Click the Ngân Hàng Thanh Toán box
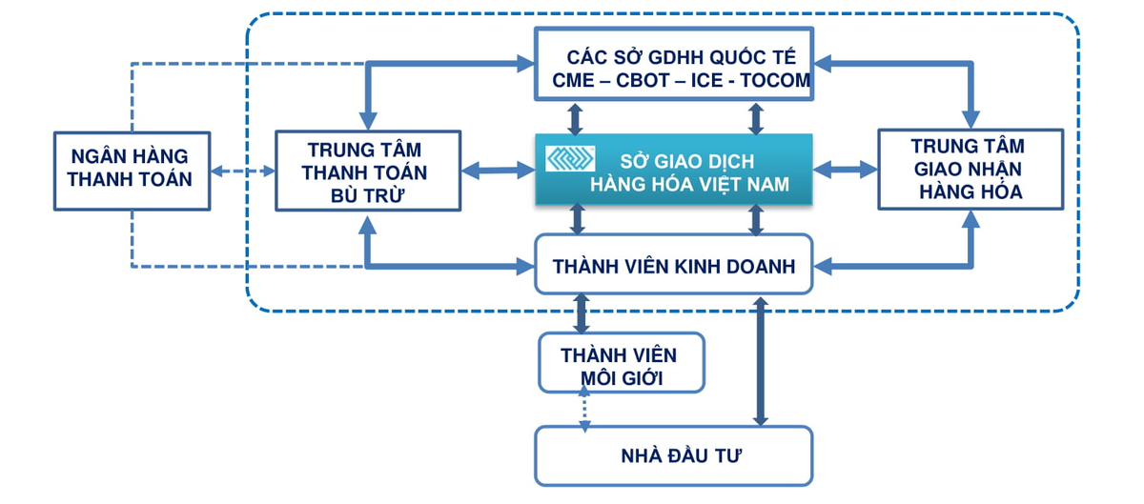click(132, 170)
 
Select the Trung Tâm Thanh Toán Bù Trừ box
click(367, 170)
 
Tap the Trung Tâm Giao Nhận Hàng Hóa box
click(970, 169)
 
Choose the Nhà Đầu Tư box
click(673, 455)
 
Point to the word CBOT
click(649, 81)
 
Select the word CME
click(578, 81)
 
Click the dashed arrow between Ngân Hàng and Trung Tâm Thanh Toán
click(242, 172)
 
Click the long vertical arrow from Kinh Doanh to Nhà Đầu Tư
click(760, 362)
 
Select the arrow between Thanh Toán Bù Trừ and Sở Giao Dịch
click(498, 171)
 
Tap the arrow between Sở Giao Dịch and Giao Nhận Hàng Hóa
click(845, 171)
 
